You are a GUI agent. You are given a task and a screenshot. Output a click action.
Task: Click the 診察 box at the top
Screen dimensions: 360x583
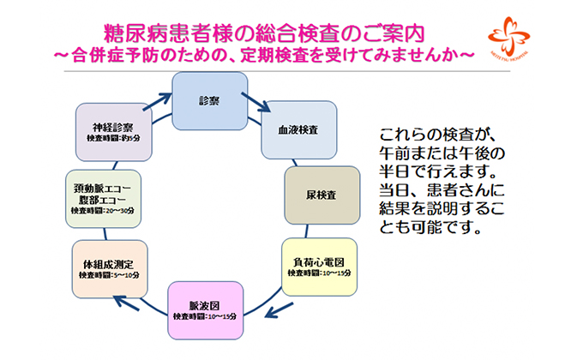click(x=209, y=100)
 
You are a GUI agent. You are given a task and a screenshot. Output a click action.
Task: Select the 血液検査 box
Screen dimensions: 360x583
click(x=297, y=131)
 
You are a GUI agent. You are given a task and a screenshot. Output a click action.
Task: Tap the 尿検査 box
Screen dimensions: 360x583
click(x=322, y=195)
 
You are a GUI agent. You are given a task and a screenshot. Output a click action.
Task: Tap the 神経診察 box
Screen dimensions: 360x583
click(x=114, y=131)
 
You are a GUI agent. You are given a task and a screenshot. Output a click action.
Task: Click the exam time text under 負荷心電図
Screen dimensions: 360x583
click(x=319, y=272)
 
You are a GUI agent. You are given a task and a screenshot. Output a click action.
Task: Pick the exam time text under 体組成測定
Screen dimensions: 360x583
click(x=101, y=275)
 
